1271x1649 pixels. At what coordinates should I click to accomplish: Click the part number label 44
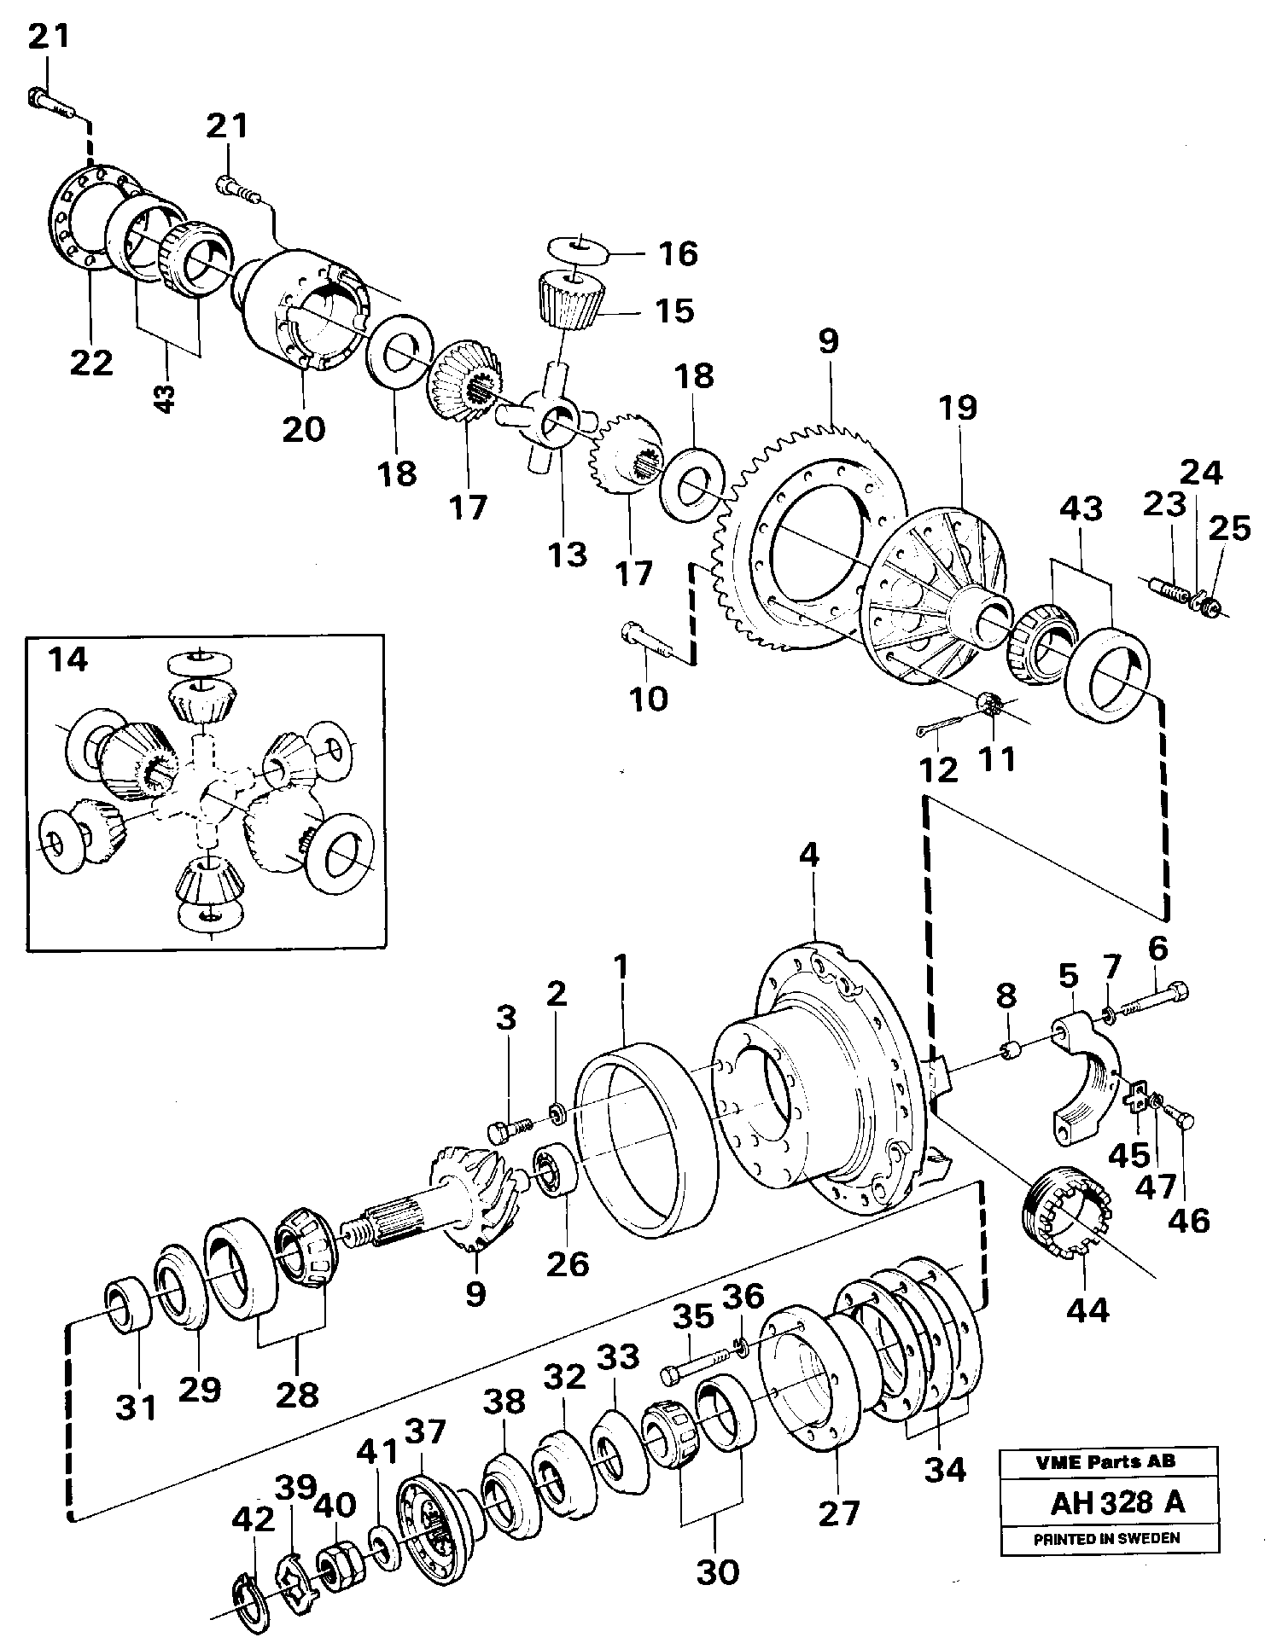pos(1087,1309)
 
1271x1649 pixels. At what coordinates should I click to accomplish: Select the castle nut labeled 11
pos(989,705)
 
